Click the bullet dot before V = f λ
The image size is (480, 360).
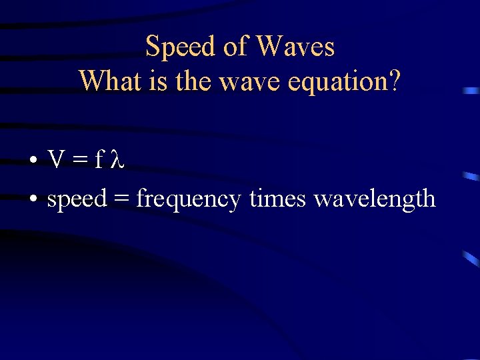(33, 161)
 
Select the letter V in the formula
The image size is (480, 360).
(56, 159)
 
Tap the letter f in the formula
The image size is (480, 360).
(100, 159)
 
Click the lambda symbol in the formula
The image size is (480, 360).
(117, 159)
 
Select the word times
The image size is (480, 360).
(277, 199)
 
